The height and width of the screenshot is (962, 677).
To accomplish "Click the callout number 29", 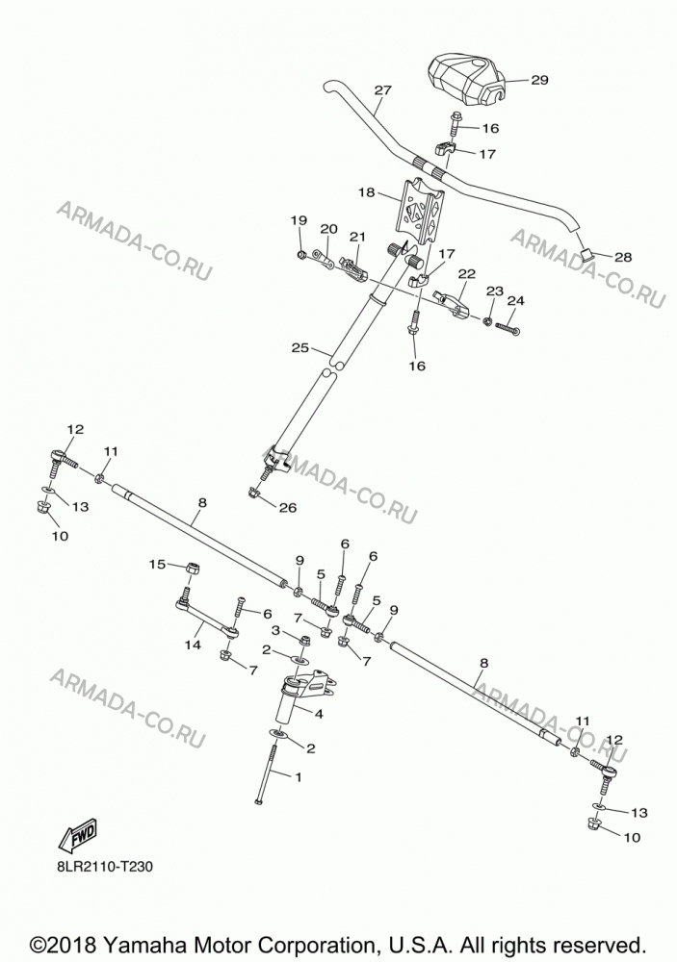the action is click(538, 81).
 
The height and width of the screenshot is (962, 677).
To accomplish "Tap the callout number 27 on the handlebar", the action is click(382, 90).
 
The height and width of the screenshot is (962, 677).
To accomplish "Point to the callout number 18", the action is click(366, 192).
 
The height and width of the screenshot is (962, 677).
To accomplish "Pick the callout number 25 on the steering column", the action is click(299, 348).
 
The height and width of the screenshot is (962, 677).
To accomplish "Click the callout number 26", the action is click(288, 507).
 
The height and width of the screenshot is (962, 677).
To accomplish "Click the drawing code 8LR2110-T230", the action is click(102, 867).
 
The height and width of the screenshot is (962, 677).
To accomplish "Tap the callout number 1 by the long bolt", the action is click(299, 777).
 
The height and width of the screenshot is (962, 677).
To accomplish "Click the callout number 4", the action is click(318, 714).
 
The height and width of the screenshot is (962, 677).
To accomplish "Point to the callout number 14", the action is click(193, 645).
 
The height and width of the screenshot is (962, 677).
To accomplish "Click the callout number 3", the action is click(275, 630).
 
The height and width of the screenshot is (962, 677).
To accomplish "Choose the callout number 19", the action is click(299, 220).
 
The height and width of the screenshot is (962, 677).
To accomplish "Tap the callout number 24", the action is click(516, 300).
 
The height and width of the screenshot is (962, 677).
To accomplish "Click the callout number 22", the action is click(467, 273).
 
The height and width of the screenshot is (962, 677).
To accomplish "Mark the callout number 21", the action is click(357, 237).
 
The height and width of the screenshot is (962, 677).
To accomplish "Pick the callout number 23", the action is click(495, 290).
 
